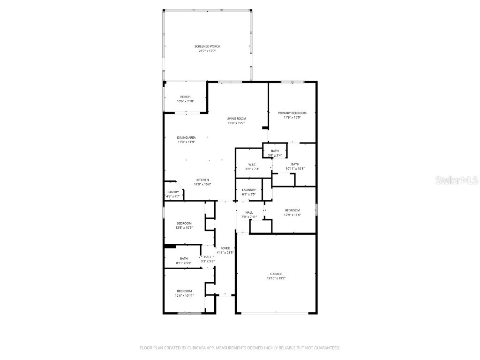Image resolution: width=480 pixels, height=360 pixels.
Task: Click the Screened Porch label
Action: point(207,46)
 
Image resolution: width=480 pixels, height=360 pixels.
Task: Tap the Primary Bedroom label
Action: point(292,113)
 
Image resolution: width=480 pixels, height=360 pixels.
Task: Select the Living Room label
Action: point(236,119)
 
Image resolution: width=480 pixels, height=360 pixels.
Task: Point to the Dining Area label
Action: point(186,137)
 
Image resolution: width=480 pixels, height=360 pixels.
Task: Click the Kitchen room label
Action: point(202,180)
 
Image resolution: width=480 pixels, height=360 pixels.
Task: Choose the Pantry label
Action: point(173,192)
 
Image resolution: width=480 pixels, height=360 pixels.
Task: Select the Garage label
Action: point(276,274)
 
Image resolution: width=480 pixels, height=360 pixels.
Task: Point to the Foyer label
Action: point(225,248)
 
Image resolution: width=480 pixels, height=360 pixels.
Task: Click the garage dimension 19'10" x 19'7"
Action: point(276,278)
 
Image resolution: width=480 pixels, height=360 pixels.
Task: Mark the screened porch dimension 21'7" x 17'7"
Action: point(207,51)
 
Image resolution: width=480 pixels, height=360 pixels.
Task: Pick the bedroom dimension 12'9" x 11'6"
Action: point(292,215)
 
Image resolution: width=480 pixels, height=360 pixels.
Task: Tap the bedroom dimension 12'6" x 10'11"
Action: point(184,295)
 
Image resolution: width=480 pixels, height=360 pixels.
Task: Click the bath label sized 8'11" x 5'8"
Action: point(184,258)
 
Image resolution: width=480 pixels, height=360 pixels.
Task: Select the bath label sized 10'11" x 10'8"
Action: point(295,164)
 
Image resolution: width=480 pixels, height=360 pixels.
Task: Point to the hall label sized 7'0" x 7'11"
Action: point(249,213)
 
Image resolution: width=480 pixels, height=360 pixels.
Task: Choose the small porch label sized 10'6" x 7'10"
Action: point(185,97)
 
